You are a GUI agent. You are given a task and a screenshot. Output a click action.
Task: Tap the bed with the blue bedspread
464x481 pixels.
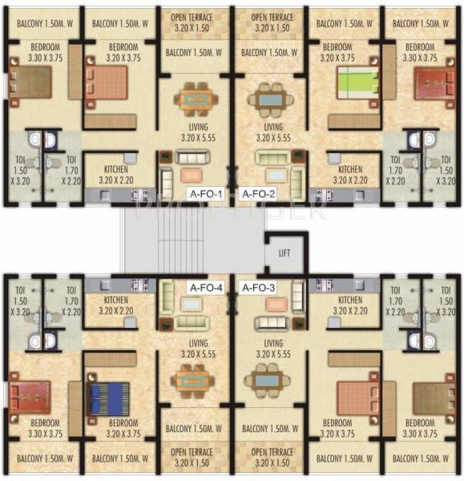(107, 397)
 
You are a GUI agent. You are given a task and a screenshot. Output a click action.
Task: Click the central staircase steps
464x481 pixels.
(192, 240)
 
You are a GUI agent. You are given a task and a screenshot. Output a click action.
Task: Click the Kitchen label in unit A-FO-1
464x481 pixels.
(121, 174)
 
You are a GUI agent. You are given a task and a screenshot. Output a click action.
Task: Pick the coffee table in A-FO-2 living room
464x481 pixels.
(272, 174)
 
